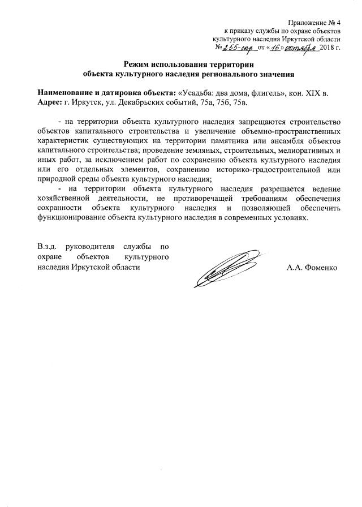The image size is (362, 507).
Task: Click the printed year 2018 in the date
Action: (x=327, y=49)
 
